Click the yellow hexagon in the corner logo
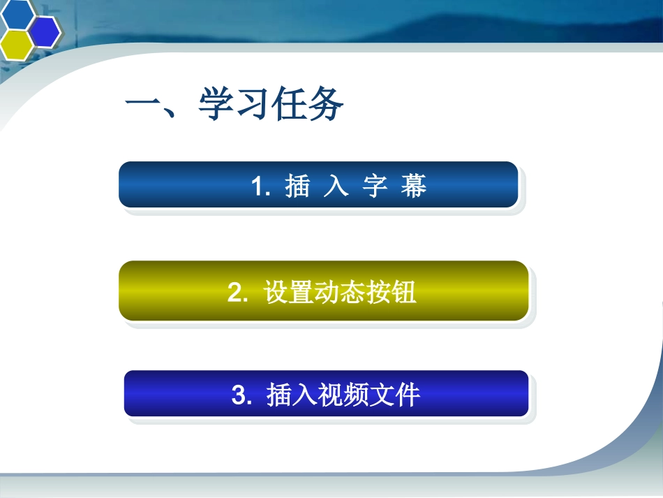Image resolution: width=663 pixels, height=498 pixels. pos(16,45)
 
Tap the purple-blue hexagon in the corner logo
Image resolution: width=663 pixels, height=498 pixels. pos(45,31)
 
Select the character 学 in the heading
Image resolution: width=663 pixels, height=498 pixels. pos(217,103)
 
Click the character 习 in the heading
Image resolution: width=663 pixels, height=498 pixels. pos(253,103)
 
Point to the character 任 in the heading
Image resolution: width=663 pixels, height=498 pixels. pos(289,103)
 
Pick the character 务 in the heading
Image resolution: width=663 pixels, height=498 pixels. pos(325,103)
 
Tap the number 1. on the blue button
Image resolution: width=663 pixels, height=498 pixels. pos(260,186)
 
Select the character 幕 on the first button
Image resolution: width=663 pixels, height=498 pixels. pos(414,186)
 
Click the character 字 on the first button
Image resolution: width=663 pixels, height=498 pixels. pos(375,186)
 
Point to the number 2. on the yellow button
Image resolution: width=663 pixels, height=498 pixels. pos(237,292)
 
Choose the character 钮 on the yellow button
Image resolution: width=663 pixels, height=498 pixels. pos(403,292)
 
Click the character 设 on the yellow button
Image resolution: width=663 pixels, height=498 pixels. pos(276,292)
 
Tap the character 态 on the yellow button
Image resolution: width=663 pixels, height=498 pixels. pos(352,292)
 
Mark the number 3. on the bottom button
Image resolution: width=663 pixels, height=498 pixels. pos(242,395)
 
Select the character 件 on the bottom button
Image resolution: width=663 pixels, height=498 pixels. pos(407,395)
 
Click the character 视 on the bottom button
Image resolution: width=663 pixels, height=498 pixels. pos(330,395)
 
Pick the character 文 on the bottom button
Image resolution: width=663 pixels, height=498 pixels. pos(381,395)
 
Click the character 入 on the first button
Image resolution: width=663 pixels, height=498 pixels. pos(336,186)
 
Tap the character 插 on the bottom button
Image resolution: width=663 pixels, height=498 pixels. pos(279,395)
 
